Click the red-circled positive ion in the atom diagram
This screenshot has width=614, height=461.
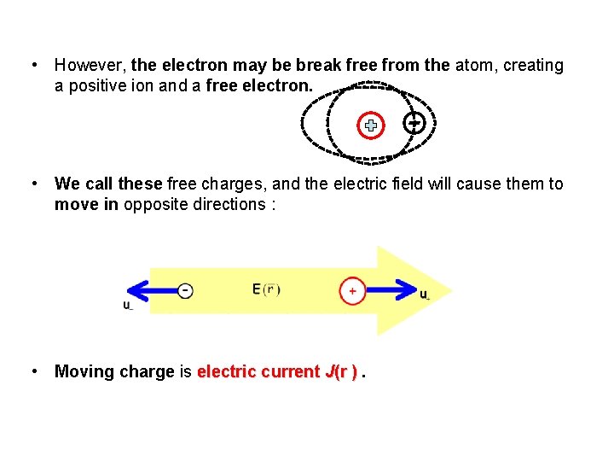tap(371, 125)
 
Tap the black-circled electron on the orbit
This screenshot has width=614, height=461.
tap(413, 123)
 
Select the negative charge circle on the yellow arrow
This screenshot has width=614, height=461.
tap(185, 290)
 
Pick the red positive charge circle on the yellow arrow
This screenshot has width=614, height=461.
tap(352, 290)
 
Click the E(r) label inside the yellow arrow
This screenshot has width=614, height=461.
tap(266, 289)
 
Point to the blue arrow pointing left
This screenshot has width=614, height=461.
tap(148, 290)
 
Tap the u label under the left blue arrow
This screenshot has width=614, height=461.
tap(127, 305)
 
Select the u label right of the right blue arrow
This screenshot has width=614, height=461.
tap(425, 295)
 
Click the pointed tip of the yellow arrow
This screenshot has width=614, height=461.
tap(448, 290)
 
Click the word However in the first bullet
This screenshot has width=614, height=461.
tap(90, 66)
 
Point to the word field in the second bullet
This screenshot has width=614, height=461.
tap(400, 184)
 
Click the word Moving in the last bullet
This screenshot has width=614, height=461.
tap(84, 371)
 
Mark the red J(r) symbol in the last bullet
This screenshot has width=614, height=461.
tap(341, 371)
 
